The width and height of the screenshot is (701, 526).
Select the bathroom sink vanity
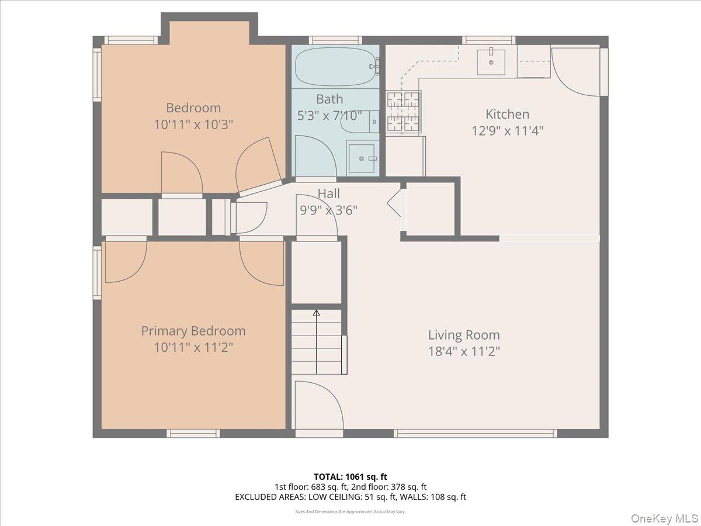point(363,157)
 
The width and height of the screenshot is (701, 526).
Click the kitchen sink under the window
point(491,62)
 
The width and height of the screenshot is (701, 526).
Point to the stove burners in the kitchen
point(402,112)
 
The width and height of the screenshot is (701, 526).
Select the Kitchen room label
point(507,114)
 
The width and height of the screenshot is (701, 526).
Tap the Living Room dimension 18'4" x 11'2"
point(464,351)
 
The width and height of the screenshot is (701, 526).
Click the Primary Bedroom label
point(193,331)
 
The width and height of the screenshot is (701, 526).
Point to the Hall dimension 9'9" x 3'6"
point(328,210)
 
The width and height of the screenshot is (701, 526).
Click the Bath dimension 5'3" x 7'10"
point(329,116)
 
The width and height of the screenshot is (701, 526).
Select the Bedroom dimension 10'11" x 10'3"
point(193,124)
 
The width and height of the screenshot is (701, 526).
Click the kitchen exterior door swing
point(575,70)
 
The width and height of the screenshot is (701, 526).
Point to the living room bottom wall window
point(475,434)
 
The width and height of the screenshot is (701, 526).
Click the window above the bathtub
point(335,40)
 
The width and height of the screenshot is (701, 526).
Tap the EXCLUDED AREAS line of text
point(350,497)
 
